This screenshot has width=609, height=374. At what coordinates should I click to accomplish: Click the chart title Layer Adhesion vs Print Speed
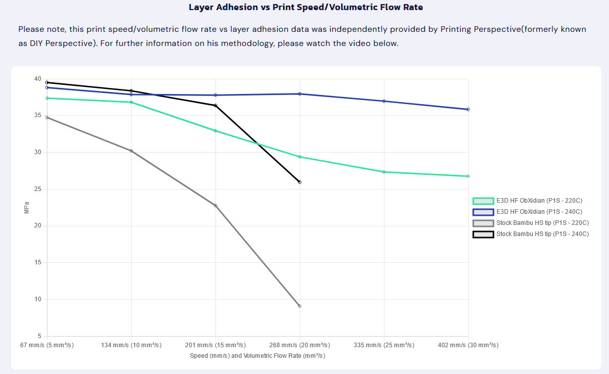pyautogui.click(x=306, y=7)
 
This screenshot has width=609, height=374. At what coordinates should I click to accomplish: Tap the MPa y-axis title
pyautogui.click(x=27, y=208)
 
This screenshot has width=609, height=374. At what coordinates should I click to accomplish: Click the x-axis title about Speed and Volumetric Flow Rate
pyautogui.click(x=257, y=355)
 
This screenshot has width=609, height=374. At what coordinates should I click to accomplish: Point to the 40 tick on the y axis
pyautogui.click(x=38, y=79)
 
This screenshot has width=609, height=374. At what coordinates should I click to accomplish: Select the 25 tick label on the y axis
pyautogui.click(x=38, y=189)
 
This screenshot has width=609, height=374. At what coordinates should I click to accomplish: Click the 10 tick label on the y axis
pyautogui.click(x=38, y=299)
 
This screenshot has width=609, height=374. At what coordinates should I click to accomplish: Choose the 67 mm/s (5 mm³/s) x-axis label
pyautogui.click(x=47, y=345)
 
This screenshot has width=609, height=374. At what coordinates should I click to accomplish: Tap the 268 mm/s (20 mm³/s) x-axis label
pyautogui.click(x=300, y=345)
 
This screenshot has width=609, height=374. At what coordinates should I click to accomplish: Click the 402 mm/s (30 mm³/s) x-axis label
pyautogui.click(x=468, y=345)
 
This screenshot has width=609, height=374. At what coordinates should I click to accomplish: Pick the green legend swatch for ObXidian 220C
pyautogui.click(x=483, y=201)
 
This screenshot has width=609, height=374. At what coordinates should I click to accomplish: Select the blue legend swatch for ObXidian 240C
pyautogui.click(x=483, y=212)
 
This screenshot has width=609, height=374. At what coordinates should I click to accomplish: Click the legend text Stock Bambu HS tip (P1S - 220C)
pyautogui.click(x=543, y=223)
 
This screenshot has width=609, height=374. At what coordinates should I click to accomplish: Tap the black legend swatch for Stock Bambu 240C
pyautogui.click(x=483, y=235)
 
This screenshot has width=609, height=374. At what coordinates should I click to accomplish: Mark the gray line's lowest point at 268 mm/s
pyautogui.click(x=300, y=306)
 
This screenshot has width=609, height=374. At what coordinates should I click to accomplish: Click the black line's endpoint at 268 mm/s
pyautogui.click(x=300, y=182)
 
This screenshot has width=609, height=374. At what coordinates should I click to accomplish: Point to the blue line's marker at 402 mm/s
pyautogui.click(x=468, y=110)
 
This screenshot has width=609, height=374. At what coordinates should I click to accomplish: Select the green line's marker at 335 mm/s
pyautogui.click(x=384, y=172)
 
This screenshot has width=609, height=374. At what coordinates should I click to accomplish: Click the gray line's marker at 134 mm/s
pyautogui.click(x=131, y=151)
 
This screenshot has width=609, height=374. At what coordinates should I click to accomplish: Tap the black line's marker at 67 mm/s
pyautogui.click(x=47, y=82)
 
